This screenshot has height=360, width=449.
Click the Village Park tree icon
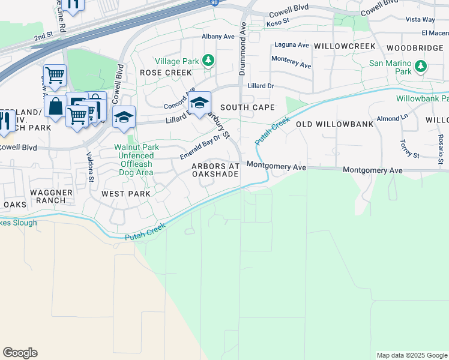coord(208,60)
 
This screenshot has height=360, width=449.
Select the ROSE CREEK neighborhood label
coord(157,72)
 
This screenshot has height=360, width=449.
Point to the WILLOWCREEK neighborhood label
coord(345,46)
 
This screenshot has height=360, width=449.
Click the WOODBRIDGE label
coord(417,47)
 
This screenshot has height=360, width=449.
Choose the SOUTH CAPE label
coord(247,107)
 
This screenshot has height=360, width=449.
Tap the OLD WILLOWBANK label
coord(334,124)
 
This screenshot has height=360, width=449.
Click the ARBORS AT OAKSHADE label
coord(215,170)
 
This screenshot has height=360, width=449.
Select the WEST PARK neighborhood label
coord(125,194)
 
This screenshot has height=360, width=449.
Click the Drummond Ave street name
coord(243,49)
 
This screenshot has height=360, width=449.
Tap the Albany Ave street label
coord(218,37)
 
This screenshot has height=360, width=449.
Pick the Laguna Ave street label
coord(292,45)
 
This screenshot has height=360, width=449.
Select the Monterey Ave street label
coord(291,61)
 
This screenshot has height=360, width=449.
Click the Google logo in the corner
coord(20,353)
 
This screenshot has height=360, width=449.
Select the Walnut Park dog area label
coord(134,155)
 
